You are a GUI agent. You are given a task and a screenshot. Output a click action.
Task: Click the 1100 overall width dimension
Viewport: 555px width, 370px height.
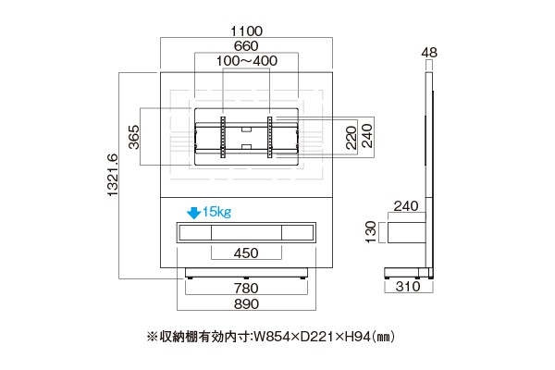tap(246, 31)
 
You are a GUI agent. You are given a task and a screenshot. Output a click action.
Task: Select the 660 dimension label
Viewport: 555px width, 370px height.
tap(246, 46)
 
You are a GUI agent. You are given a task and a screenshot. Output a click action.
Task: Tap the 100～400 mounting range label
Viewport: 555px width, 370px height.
tap(247, 61)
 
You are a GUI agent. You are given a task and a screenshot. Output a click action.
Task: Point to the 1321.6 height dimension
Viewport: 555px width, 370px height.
tap(112, 175)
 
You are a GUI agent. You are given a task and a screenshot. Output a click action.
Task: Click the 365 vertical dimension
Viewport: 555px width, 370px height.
tap(134, 137)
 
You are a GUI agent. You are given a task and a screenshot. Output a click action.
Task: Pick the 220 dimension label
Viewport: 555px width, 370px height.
tap(351, 138)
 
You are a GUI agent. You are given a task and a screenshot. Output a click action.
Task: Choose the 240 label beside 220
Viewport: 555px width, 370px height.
tap(367, 136)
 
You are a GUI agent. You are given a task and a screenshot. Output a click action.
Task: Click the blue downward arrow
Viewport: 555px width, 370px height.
tap(193, 213)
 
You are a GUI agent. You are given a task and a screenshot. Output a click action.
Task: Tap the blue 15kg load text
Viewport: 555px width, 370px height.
tap(216, 212)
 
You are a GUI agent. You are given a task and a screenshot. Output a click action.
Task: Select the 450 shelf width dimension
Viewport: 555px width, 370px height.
tap(246, 253)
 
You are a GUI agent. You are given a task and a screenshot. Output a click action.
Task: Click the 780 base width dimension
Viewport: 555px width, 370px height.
tap(246, 289)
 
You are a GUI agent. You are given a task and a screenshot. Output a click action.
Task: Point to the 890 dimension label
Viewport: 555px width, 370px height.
tap(246, 303)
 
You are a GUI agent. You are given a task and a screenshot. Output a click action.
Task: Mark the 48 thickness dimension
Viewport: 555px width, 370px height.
tap(429, 53)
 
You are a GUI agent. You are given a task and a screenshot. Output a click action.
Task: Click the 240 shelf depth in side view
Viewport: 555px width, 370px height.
tap(406, 206)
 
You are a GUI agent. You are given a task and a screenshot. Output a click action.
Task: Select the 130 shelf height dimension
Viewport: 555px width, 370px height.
tap(371, 232)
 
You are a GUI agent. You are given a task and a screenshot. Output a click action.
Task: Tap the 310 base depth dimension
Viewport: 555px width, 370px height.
tap(408, 287)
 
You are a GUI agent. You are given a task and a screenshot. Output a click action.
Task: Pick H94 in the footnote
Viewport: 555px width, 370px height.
tap(357, 337)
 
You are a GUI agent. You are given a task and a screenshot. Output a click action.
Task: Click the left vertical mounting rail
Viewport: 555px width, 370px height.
tap(223, 137)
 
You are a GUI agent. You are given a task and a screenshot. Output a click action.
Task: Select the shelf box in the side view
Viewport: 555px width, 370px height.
tap(407, 232)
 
